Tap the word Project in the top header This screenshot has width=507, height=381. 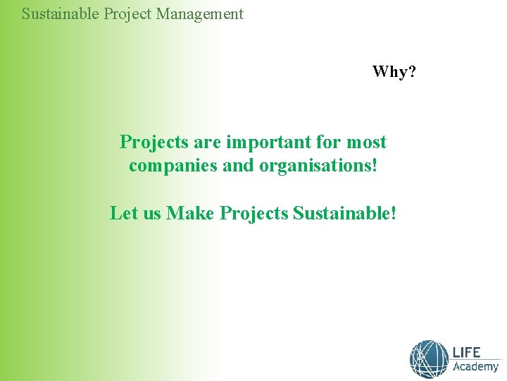pos(130,13)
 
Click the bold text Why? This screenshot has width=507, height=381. pos(394,71)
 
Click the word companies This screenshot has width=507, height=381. pos(169,167)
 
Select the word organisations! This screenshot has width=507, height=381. pos(319,167)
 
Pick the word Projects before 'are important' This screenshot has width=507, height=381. pos(155,142)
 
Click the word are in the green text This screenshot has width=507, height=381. pos(208,142)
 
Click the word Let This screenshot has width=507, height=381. pos(124,212)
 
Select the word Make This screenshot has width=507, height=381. pos(190,212)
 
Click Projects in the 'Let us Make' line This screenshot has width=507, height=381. pos(254,212)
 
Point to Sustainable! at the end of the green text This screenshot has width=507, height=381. pos(344,212)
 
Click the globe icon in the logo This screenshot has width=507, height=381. pos(429,359)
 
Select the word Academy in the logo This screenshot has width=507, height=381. pos(475,367)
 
